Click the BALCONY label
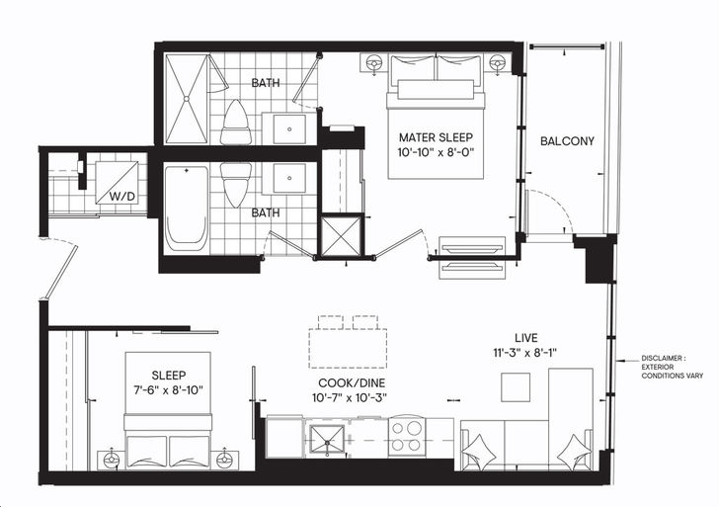click(567, 141)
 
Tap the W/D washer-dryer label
click(122, 197)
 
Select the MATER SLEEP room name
click(436, 137)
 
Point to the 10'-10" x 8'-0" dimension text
click(436, 152)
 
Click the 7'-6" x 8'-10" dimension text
click(168, 390)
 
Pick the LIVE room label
click(525, 338)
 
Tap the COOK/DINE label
click(352, 383)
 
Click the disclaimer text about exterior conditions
click(672, 367)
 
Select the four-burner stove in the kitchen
click(405, 437)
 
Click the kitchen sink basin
click(327, 441)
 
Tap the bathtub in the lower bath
click(186, 209)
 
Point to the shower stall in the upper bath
click(186, 99)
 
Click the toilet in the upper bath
click(236, 122)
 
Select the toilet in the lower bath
click(236, 185)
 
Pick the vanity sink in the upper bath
click(289, 128)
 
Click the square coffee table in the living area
click(516, 387)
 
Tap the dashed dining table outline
click(348, 348)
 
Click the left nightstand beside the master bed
click(374, 63)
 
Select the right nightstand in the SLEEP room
click(225, 460)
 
